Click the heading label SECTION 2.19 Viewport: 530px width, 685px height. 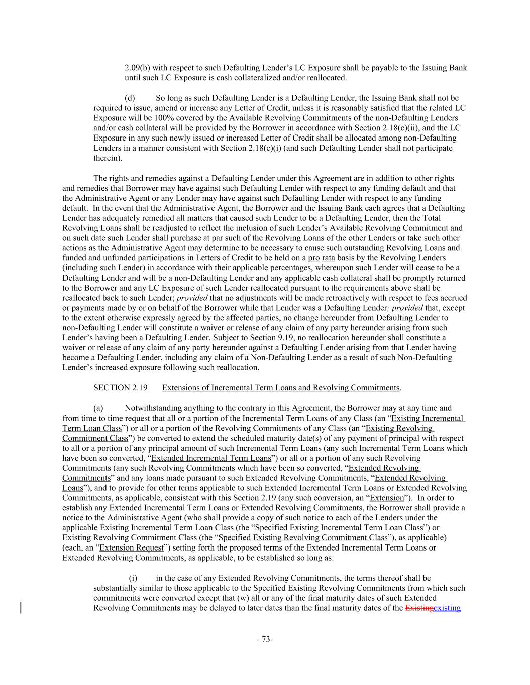pos(120,388)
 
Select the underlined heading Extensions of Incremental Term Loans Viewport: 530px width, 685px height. pos(281,388)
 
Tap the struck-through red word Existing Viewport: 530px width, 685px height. pos(419,608)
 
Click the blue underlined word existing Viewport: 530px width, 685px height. pos(447,608)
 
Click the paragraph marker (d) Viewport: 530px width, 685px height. pos(130,98)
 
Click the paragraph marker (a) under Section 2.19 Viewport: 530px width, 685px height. pos(98,408)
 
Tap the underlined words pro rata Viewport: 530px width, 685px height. pos(322,258)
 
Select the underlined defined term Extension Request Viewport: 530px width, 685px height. pos(132,547)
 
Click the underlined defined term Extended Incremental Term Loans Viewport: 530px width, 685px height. pos(211,458)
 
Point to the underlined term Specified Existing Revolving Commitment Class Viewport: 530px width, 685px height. pos(303,537)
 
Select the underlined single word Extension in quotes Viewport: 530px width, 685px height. pos(387,498)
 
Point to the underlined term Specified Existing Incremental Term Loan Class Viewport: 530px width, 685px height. pos(339,527)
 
